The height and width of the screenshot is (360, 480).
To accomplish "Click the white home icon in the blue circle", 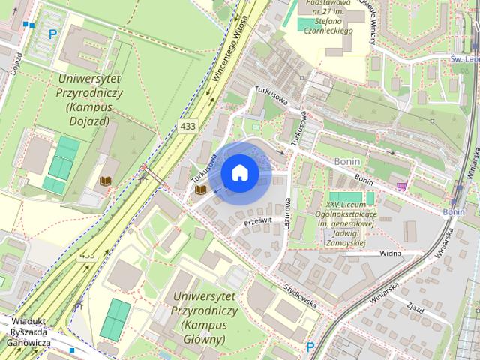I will pyautogui.click(x=240, y=172).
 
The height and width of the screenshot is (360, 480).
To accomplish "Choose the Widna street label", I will pyautogui.click(x=390, y=254).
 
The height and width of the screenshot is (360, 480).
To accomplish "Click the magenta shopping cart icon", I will pyautogui.click(x=403, y=185).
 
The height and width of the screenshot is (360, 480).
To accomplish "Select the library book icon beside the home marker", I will pyautogui.click(x=201, y=190).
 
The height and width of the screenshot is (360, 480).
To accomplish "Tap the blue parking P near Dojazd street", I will pyautogui.click(x=52, y=34).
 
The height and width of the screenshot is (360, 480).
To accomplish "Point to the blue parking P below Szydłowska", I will pyautogui.click(x=310, y=346).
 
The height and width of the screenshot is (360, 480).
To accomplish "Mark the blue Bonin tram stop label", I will pyautogui.click(x=453, y=212).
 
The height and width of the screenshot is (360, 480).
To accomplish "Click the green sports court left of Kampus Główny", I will pyautogui.click(x=115, y=318).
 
